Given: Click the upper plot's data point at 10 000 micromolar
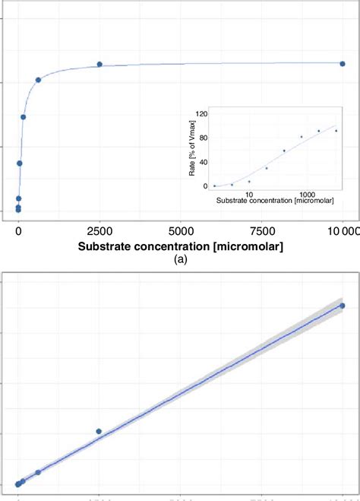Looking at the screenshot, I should click(x=343, y=63).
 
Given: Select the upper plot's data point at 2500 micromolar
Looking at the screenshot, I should click(x=99, y=65).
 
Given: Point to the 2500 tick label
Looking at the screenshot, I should click(x=99, y=230).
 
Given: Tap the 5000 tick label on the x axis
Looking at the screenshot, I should click(x=181, y=230).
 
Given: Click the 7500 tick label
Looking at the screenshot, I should click(x=262, y=230).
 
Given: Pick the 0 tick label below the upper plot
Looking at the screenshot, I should click(x=18, y=230).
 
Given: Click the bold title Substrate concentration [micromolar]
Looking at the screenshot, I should click(x=181, y=246).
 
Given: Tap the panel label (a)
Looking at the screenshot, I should click(x=180, y=260).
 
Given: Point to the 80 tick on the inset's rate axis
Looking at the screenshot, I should click(x=204, y=138).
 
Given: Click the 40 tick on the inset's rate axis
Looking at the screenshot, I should click(x=204, y=162).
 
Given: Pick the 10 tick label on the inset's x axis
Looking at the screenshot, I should click(x=248, y=194).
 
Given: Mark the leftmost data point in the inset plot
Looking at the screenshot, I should click(x=215, y=185).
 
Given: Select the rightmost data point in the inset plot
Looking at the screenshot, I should click(x=336, y=131).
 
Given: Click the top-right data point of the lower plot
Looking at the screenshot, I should click(x=343, y=306).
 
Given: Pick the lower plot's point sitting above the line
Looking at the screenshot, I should click(x=99, y=431).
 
